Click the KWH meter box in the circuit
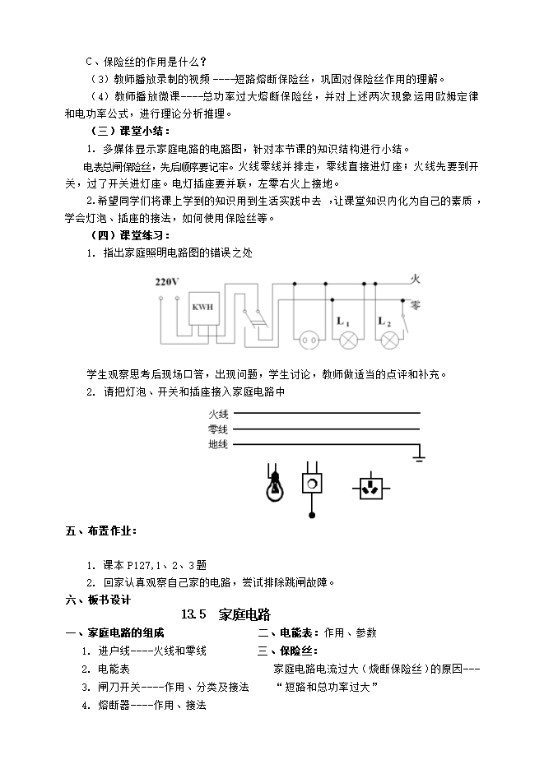[x=202, y=308]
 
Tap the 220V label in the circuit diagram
[x=167, y=282]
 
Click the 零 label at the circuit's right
[x=415, y=303]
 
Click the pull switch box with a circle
[x=312, y=483]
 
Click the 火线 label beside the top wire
[x=219, y=413]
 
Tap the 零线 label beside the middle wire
[x=219, y=429]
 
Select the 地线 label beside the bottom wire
[x=219, y=444]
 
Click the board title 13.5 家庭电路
[x=226, y=614]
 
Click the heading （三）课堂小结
[x=130, y=131]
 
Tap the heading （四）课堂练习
[x=130, y=235]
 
